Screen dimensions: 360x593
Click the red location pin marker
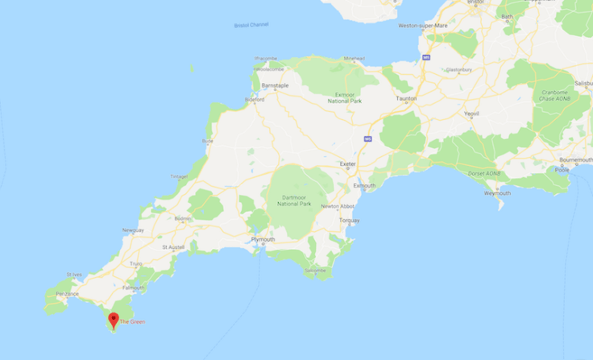114,320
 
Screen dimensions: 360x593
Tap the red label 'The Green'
132,322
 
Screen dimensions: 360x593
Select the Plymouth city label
263,239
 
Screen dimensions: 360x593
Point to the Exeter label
347,163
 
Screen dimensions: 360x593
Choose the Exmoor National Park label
345,98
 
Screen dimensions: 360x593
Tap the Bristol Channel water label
251,25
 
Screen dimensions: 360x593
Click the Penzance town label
67,293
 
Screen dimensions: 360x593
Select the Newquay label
133,230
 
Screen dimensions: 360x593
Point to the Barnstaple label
275,85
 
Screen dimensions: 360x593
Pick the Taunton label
404,98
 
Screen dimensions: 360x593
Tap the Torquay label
349,220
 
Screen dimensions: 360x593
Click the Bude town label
208,141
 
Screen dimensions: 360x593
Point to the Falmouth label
134,287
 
